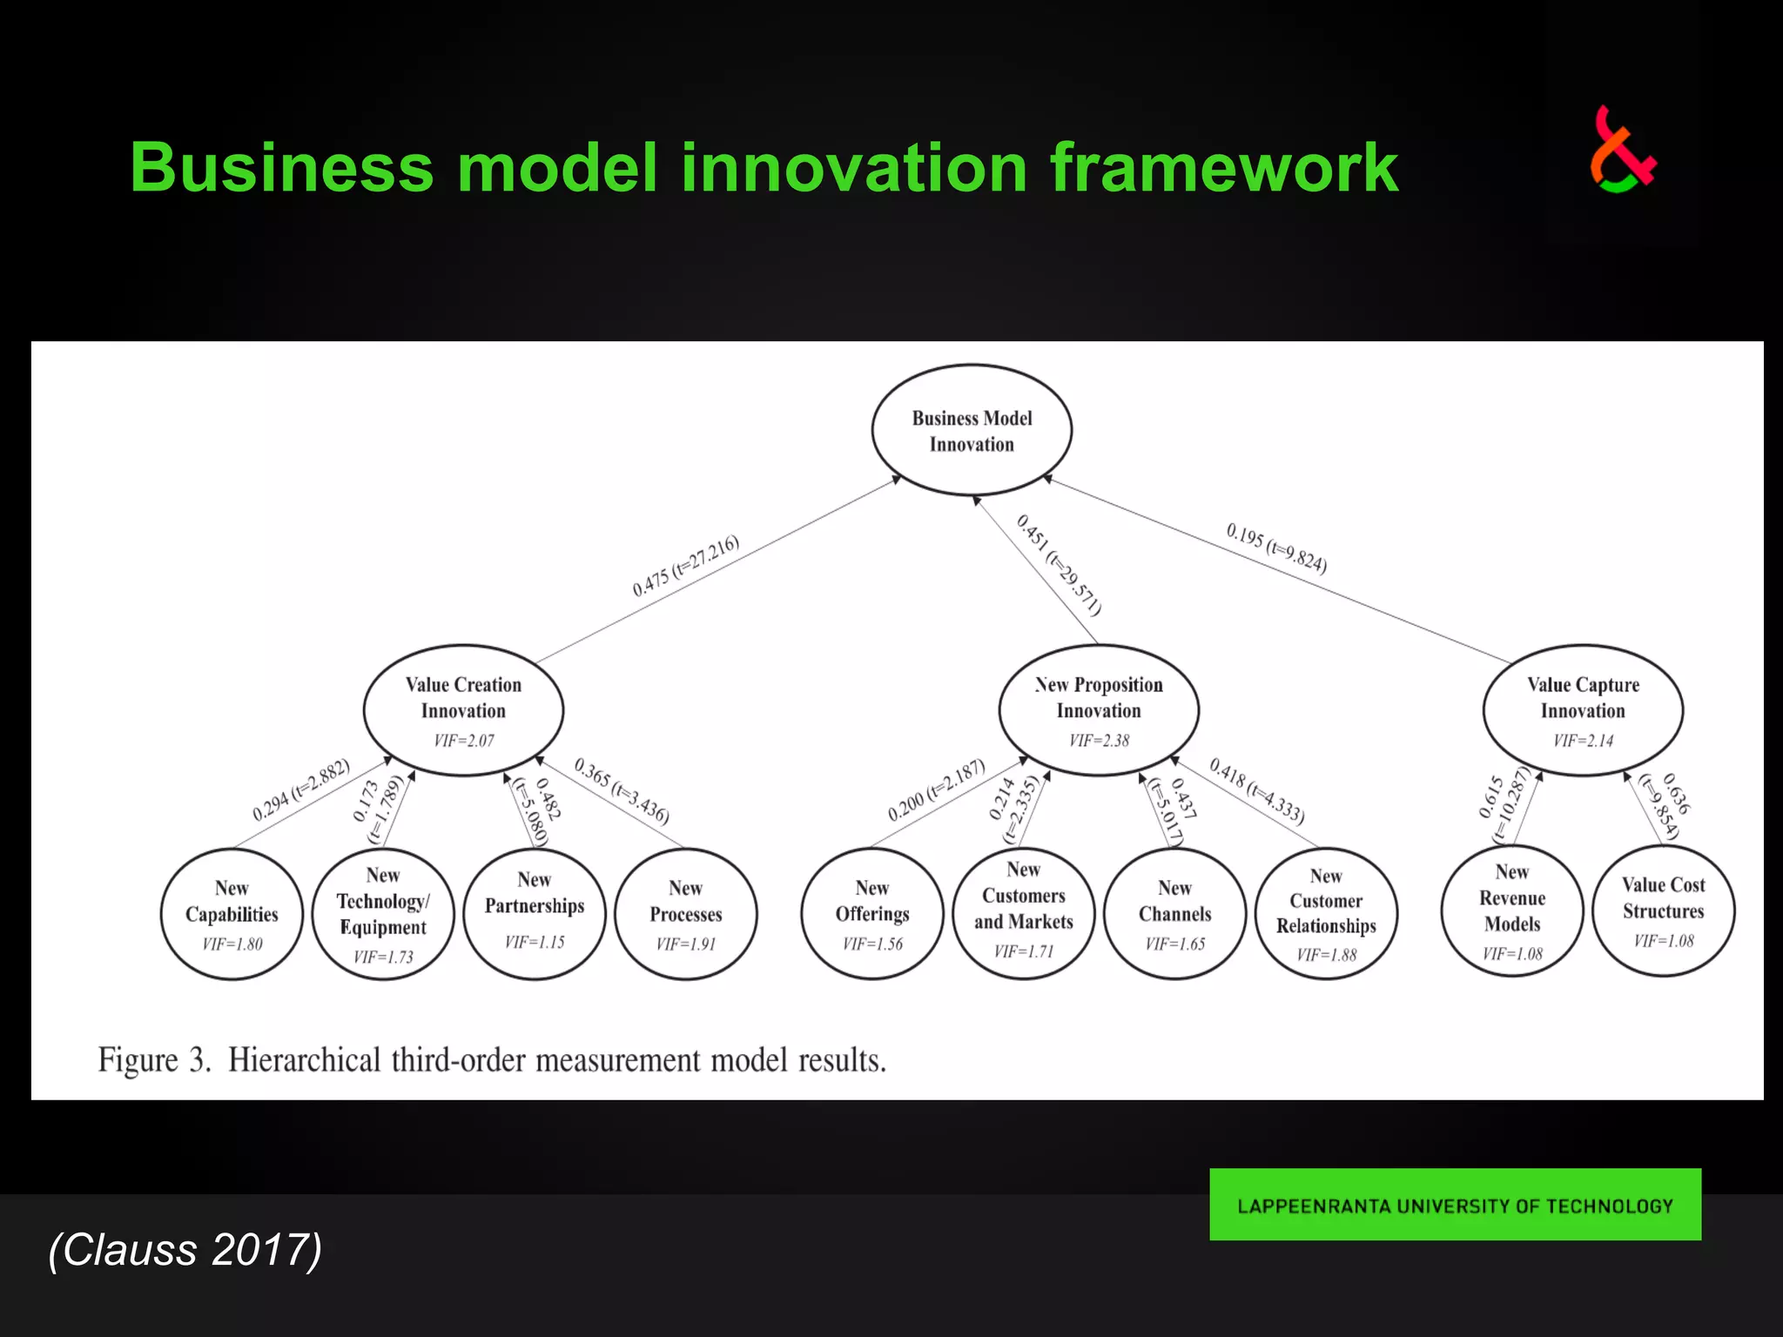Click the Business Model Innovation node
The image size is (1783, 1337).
(972, 431)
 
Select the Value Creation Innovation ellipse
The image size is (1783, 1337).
(463, 709)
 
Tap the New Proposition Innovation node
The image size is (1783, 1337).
(1099, 709)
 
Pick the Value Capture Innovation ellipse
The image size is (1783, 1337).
(1583, 709)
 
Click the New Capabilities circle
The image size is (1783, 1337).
(232, 914)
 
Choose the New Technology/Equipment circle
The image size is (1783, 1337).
(383, 914)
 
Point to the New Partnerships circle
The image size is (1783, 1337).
(535, 914)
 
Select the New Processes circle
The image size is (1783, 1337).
(686, 914)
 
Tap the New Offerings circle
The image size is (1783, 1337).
(872, 914)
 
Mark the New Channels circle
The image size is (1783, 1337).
(1175, 914)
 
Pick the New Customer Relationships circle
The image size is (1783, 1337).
(1326, 914)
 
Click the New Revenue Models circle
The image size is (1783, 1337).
(1512, 910)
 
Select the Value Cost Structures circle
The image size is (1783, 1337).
(1664, 910)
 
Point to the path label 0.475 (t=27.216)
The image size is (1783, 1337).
(686, 565)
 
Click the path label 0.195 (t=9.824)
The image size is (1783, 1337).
(1276, 548)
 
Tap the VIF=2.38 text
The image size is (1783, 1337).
(1099, 741)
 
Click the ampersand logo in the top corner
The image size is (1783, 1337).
(1622, 151)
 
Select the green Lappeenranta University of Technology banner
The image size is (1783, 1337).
(1455, 1205)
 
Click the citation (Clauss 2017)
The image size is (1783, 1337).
(185, 1250)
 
